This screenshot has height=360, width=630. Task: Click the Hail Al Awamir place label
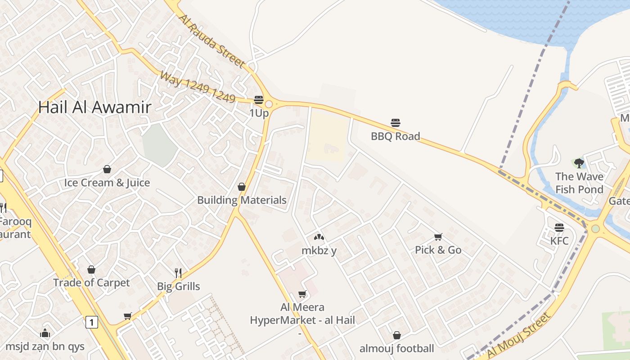94,107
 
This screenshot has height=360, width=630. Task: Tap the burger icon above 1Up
259,99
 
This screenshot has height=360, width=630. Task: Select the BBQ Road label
395,136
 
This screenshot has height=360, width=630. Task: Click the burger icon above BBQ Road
396,122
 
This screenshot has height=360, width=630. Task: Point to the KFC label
559,241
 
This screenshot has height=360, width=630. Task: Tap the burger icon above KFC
559,228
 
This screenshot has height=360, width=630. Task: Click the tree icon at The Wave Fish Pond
579,163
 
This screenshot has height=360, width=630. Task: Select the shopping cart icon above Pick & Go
438,237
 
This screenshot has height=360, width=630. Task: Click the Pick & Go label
438,250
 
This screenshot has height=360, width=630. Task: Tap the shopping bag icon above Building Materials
242,187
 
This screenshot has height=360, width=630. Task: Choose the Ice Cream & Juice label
107,182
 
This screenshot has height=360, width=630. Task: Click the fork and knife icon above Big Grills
178,273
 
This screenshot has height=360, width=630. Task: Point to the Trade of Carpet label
91,283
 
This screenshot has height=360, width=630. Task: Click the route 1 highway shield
91,322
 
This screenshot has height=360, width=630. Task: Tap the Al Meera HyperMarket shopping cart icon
302,294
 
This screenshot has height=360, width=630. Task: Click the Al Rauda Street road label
212,41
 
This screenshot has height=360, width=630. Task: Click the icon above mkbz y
319,237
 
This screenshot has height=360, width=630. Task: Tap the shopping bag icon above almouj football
396,335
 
